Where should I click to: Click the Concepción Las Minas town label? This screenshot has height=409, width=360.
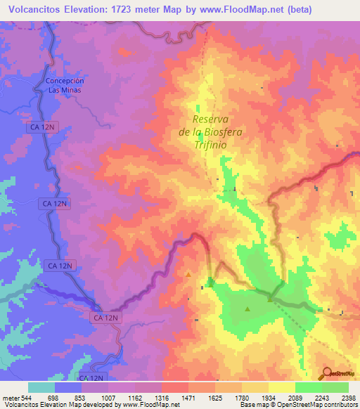[x=64, y=85]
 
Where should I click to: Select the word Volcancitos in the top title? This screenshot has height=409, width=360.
[x=33, y=9]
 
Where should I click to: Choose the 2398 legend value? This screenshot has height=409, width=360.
[x=348, y=398]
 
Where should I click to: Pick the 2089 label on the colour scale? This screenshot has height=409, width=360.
[x=295, y=398]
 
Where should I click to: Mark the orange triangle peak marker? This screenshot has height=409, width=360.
[x=188, y=274]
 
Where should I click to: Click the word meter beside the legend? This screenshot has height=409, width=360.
[x=8, y=398]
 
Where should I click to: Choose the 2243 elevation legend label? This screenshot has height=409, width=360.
[x=321, y=398]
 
